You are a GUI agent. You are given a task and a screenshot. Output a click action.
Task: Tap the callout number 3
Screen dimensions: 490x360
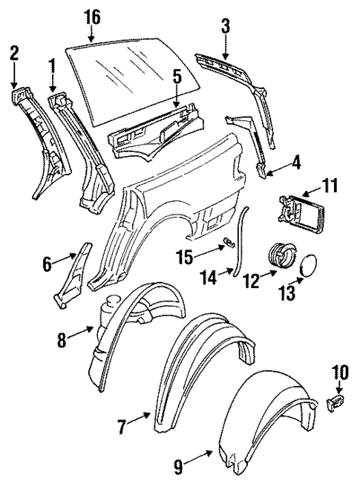226,26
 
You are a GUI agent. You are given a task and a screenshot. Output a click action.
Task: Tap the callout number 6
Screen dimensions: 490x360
47,263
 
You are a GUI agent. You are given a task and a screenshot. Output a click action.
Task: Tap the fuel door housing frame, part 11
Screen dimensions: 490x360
304,211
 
